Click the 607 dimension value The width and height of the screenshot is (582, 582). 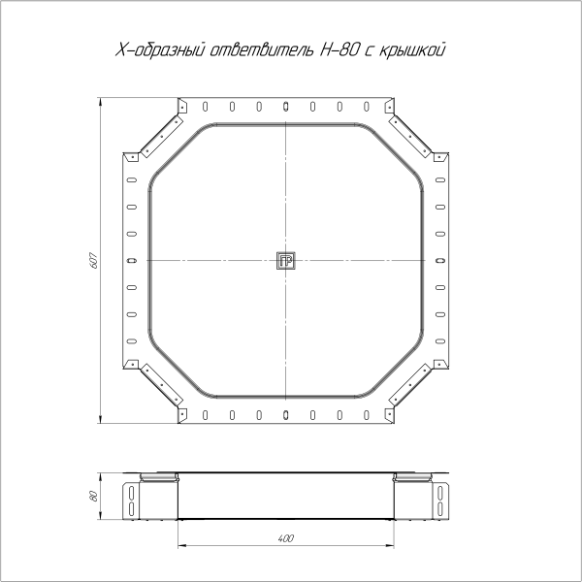click(94, 261)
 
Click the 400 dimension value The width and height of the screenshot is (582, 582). click(286, 538)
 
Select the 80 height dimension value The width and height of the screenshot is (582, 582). click(94, 497)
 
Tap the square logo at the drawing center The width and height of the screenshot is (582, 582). click(286, 261)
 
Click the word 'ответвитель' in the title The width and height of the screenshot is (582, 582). click(262, 50)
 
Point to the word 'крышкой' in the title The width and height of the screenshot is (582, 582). click(412, 50)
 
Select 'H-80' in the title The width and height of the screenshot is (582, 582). click(339, 49)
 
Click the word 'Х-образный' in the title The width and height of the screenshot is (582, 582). click(160, 50)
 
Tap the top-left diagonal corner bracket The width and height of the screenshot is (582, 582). click(162, 136)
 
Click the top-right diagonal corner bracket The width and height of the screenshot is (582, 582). click(409, 136)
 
